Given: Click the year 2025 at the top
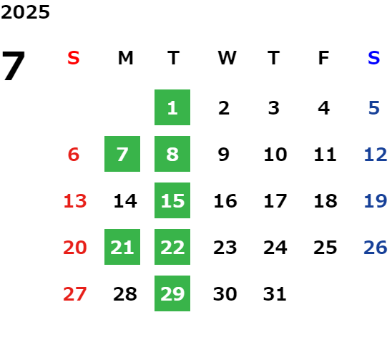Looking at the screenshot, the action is (x=25, y=12).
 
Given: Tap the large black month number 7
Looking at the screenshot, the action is (x=14, y=66).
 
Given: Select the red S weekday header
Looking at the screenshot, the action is (x=74, y=58).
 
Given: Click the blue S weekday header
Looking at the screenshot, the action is (x=373, y=58).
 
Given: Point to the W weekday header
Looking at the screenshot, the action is (x=227, y=58).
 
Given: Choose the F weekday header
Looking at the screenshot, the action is (x=323, y=58).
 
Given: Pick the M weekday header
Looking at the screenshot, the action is (x=125, y=58).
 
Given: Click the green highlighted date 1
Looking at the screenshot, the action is (x=172, y=107).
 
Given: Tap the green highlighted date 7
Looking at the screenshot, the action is (x=122, y=154).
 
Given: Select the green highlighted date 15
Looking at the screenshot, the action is (x=172, y=200).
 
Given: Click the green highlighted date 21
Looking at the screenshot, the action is (x=122, y=247).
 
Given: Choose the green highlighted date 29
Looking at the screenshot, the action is (x=172, y=293).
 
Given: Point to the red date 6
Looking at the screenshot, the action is (x=74, y=154).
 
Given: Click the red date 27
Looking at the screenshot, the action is (x=74, y=293).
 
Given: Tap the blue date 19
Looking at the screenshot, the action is (x=376, y=200).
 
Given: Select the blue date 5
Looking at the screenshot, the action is (x=374, y=108).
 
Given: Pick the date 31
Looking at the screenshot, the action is (x=275, y=293).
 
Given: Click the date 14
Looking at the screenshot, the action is (x=125, y=200).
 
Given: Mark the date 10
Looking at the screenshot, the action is (x=275, y=154).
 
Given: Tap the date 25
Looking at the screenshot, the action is (x=325, y=247).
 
